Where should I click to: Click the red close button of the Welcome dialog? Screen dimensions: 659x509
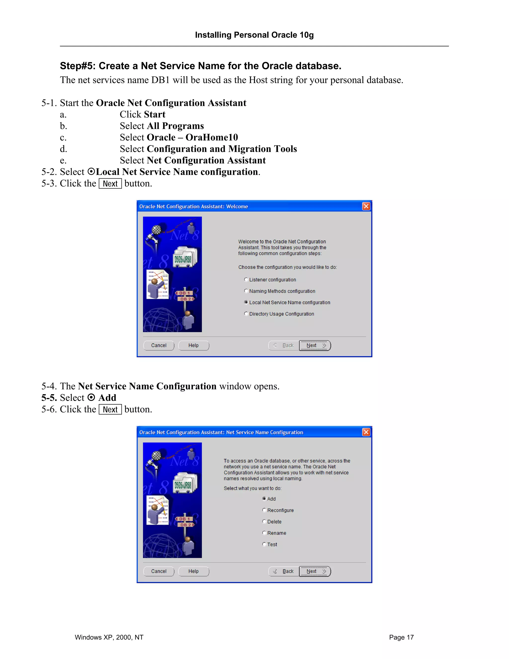tap(366, 206)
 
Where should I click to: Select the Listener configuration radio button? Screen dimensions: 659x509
tap(246, 280)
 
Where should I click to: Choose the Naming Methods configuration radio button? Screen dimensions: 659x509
tap(246, 291)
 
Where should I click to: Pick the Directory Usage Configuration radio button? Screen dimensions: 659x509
tap(246, 314)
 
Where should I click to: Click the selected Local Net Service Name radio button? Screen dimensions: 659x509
tap(246, 302)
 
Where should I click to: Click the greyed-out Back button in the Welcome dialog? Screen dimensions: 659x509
tap(283, 345)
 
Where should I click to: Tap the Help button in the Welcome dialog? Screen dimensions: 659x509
tap(194, 345)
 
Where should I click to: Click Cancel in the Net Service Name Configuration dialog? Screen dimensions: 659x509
tap(159, 571)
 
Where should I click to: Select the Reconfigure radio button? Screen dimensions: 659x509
tap(264, 510)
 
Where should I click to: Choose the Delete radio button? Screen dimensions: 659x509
tap(264, 522)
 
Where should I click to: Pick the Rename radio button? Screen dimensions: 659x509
tap(264, 533)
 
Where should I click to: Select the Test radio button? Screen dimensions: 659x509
tap(264, 544)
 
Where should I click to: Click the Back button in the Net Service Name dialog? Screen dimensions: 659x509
tap(283, 571)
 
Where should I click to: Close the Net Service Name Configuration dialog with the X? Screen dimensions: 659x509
tap(366, 432)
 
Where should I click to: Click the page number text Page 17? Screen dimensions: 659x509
tap(401, 637)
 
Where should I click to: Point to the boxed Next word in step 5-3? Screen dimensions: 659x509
tap(110, 184)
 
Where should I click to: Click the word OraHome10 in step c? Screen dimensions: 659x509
tap(212, 137)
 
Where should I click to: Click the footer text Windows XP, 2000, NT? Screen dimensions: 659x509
tap(109, 637)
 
